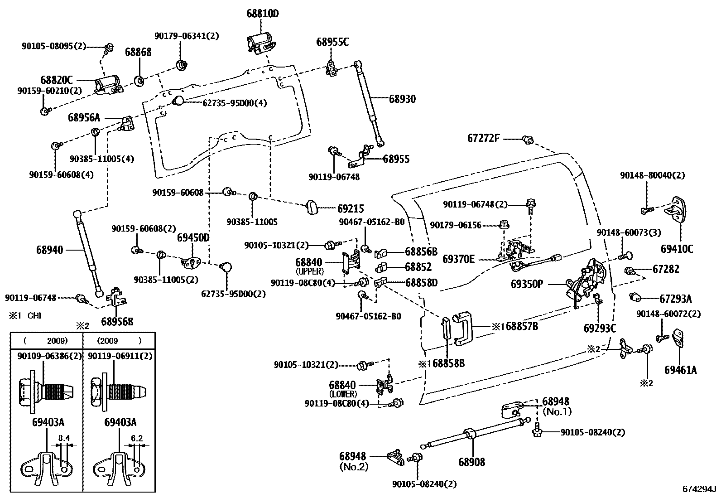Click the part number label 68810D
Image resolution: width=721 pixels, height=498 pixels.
[262, 14]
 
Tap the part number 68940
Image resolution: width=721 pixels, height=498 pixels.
[49, 250]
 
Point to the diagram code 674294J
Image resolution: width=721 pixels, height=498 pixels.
[700, 489]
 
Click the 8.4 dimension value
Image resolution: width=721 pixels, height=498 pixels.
[64, 438]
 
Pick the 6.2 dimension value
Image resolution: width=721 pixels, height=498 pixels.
[136, 438]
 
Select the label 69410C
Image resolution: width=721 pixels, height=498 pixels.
[677, 249]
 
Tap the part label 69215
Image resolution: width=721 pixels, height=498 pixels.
[351, 209]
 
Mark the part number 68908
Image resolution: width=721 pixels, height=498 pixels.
[471, 462]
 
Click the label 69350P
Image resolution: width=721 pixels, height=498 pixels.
[527, 284]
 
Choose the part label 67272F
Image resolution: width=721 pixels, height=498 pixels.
[484, 138]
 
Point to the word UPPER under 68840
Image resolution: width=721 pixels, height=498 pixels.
[309, 271]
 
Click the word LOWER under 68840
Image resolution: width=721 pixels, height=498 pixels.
[343, 394]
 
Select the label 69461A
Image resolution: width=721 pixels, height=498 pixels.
[681, 370]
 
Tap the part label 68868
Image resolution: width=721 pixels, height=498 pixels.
[138, 52]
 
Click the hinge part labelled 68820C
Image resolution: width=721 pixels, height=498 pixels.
[108, 85]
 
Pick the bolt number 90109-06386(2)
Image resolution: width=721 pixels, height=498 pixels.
[49, 356]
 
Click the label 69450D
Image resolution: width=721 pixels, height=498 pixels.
[193, 238]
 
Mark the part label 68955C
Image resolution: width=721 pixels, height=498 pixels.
[332, 42]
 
